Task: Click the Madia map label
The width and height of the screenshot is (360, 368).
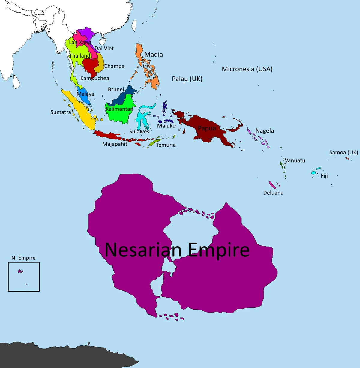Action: coord(154,55)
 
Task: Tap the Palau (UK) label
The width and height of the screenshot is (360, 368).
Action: coord(187,79)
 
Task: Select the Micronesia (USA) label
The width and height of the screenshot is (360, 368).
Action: coord(247,69)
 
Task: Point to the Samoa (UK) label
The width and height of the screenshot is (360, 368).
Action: coord(343,153)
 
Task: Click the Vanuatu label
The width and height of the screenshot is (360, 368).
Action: coord(295,160)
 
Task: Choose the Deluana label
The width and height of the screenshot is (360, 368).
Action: coord(273,193)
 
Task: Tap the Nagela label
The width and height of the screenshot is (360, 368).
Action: coord(265,131)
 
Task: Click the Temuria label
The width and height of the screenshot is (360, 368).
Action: coord(166,145)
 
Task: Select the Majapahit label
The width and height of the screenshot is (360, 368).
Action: coord(115,144)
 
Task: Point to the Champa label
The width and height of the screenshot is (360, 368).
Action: coord(114,66)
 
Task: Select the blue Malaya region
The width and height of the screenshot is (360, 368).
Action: coord(84,97)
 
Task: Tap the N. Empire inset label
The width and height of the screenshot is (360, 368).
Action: coord(23,258)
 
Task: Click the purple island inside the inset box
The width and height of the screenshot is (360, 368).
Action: coord(20,271)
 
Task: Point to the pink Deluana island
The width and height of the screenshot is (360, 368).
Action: coord(272,185)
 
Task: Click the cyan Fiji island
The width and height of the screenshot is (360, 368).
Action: coord(313,172)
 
